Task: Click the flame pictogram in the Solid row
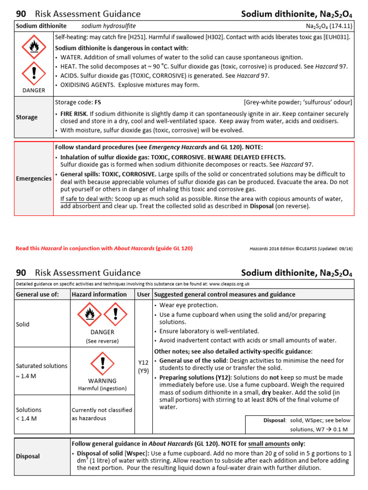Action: pyautogui.click(x=90, y=314)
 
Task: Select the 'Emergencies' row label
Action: pyautogui.click(x=34, y=178)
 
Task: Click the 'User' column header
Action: pyautogui.click(x=143, y=294)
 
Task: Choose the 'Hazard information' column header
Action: pyautogui.click(x=99, y=294)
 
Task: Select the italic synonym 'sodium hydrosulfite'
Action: pyautogui.click(x=105, y=26)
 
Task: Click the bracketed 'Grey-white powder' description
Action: pyautogui.click(x=298, y=102)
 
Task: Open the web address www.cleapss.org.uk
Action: pyautogui.click(x=229, y=284)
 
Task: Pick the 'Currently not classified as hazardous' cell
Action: pyautogui.click(x=102, y=414)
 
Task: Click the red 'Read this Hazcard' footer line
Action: pyautogui.click(x=104, y=248)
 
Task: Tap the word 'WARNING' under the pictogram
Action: pyautogui.click(x=103, y=381)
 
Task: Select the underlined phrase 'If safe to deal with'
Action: pyautogui.click(x=86, y=199)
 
